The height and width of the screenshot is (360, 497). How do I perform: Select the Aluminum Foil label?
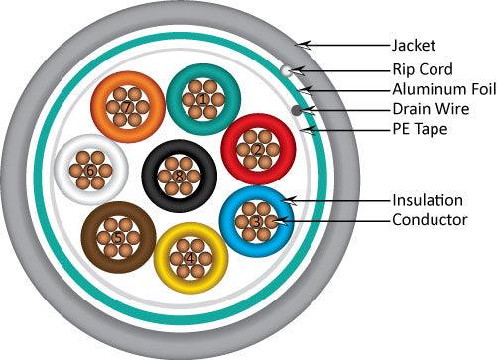[x=437, y=89]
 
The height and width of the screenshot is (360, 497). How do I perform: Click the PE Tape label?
[x=419, y=129]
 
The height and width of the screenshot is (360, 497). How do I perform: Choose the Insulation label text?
[x=426, y=200]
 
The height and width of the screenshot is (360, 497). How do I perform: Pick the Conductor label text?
[x=430, y=220]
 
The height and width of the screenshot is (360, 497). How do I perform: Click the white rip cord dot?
[x=286, y=71]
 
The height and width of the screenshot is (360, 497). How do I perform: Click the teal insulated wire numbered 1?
[x=203, y=99]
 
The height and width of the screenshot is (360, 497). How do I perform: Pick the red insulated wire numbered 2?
[x=257, y=150]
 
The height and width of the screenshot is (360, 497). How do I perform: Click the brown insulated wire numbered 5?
[x=118, y=238]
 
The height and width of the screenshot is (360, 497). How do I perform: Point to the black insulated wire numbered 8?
[x=179, y=177]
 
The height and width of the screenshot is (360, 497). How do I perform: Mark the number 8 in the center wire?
[x=179, y=177]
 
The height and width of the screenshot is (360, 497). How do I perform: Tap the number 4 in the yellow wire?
[x=191, y=260]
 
